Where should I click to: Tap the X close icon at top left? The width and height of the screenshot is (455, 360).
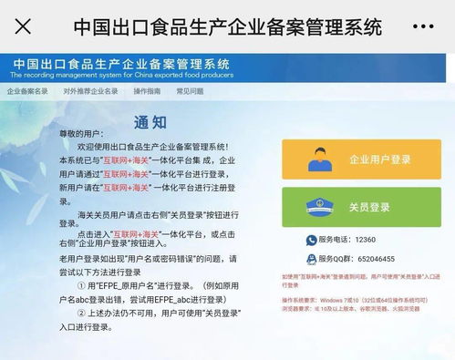pos(23,26)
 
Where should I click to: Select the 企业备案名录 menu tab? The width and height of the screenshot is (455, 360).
pos(27,92)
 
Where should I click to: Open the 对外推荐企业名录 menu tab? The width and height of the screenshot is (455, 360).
pos(91,92)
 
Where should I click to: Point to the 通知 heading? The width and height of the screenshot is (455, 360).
pos(150,120)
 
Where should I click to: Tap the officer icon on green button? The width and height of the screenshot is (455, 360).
pos(317,207)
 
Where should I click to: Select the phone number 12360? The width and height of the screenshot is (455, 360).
pos(365,239)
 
